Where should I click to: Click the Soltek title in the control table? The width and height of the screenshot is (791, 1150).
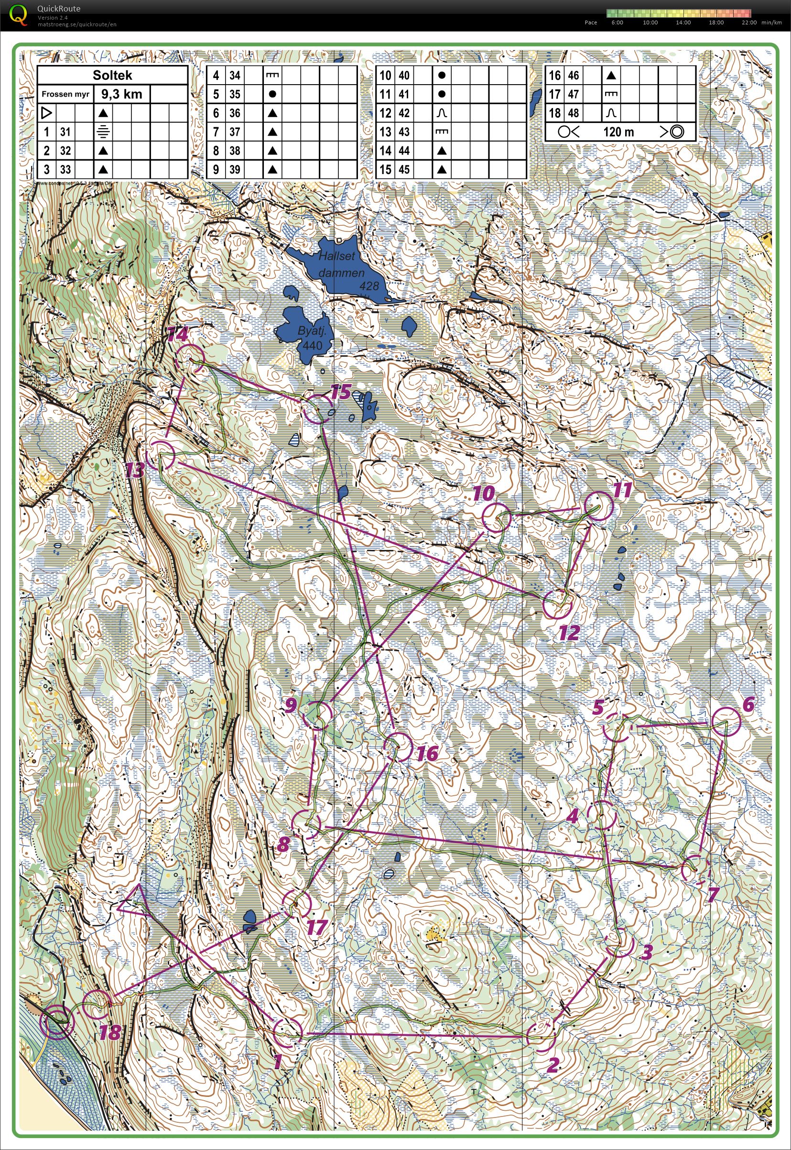click(112, 76)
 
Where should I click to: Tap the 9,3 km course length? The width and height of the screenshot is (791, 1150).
click(121, 94)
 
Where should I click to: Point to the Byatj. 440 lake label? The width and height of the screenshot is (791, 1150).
click(311, 338)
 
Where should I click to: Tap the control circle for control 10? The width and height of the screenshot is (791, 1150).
click(496, 518)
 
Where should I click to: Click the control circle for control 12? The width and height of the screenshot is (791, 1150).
click(557, 604)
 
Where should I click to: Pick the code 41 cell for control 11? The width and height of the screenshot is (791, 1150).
click(404, 94)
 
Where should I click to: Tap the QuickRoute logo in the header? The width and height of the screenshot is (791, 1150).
click(19, 15)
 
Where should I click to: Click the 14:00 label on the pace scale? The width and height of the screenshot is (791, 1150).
click(683, 23)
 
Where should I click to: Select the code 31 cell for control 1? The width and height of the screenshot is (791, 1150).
click(65, 132)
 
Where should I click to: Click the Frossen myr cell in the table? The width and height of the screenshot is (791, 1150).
click(65, 94)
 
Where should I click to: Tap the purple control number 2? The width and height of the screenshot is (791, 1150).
click(553, 1064)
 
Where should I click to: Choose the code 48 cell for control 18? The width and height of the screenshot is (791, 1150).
click(574, 113)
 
